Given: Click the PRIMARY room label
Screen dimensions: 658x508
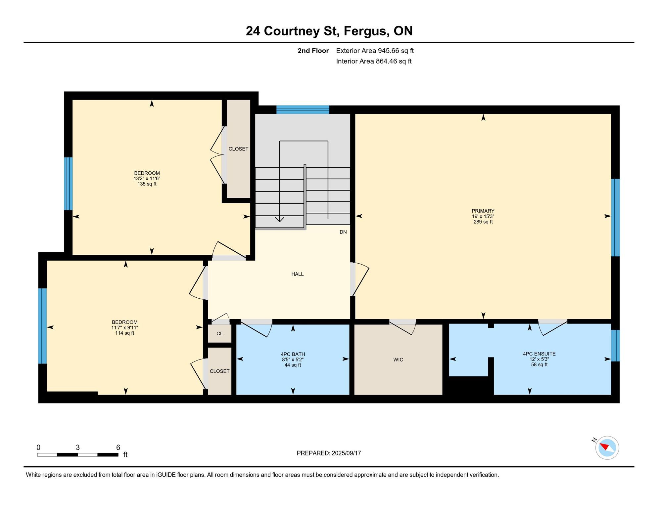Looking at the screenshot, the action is click(483, 211).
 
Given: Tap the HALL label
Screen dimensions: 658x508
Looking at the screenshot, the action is click(297, 274).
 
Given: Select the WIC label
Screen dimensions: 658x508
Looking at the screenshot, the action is click(398, 360).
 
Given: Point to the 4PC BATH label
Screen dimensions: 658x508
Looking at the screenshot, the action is click(293, 354).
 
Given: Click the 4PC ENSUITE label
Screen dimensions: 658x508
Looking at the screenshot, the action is click(539, 354).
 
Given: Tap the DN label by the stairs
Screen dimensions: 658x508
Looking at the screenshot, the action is click(343, 232).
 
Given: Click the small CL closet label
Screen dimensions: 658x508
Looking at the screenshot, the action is click(220, 334).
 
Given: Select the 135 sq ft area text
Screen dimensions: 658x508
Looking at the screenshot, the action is click(147, 184).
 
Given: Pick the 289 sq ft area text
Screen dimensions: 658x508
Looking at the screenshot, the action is click(483, 222).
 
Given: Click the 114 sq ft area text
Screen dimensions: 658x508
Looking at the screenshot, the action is click(124, 333).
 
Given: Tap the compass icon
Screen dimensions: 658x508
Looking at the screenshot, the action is click(607, 448).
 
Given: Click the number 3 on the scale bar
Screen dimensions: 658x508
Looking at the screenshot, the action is click(78, 447).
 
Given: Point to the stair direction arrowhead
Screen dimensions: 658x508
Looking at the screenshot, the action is click(280, 220).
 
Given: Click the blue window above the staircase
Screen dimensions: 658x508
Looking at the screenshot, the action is click(303, 109).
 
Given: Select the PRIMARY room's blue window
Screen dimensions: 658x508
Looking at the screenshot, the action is click(615, 218).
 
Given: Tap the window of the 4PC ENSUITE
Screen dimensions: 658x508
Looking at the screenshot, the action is click(615, 346).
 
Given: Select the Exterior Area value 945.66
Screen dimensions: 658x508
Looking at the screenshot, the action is click(389, 51).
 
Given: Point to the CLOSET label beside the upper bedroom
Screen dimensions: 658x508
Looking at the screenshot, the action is click(238, 149).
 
